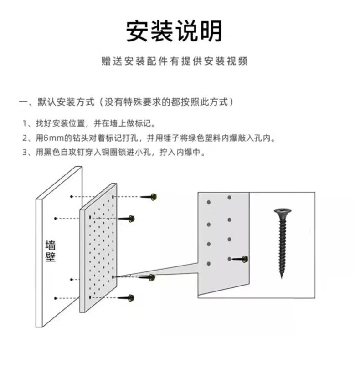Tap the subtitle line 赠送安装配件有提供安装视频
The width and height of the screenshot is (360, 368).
point(175,61)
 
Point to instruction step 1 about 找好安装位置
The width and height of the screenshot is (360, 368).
point(89,123)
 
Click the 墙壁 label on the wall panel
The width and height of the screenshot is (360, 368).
point(50,250)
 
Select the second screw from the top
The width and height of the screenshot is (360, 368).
point(128,219)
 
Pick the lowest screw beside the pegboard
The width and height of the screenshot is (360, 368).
point(127,298)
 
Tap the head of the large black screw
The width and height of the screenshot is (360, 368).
point(283,212)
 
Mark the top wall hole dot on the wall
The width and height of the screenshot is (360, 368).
point(72,196)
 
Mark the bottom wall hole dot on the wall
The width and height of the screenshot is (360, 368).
point(56,298)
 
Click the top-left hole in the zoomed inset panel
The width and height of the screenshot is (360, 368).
point(208,200)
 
